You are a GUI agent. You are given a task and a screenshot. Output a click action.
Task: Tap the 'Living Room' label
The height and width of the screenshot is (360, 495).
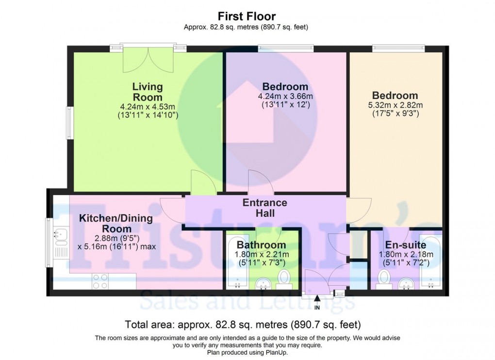click(148, 92)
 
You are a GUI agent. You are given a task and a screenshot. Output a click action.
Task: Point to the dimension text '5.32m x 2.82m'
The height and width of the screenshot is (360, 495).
click(395, 105)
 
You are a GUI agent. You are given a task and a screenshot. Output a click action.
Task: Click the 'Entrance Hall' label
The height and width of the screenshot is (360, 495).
click(265, 208)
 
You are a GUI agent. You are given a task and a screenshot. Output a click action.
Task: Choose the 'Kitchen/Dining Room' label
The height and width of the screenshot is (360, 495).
click(116, 224)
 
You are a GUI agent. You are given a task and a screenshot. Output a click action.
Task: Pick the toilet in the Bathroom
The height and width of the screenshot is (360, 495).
click(283, 278)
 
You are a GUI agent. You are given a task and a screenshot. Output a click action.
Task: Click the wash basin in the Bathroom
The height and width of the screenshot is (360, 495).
click(262, 282)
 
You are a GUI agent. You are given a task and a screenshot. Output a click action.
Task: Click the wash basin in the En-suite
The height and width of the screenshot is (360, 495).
click(404, 282)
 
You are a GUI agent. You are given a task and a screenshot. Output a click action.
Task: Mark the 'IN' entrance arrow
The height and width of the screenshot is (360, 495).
click(317, 301)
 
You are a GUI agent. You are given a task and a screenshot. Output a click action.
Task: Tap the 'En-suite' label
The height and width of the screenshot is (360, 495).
click(406, 245)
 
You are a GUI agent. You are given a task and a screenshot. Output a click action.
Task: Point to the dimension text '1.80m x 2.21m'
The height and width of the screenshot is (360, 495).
click(262, 254)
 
